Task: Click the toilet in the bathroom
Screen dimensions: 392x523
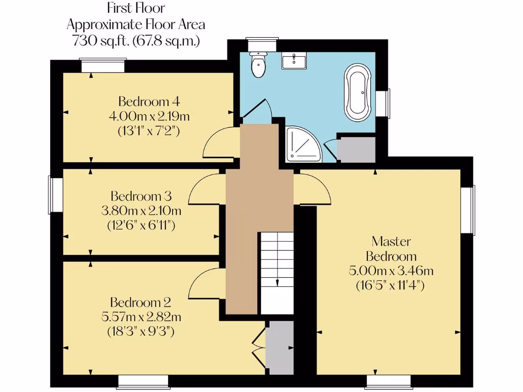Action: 258,65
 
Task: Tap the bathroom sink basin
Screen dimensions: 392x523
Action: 294,61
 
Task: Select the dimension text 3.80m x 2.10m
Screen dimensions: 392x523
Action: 141,210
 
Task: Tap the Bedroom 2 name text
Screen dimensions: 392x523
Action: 140,302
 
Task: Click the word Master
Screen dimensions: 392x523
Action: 391,241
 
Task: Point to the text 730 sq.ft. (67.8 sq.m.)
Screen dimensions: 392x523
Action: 136,41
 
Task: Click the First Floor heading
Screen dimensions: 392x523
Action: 136,8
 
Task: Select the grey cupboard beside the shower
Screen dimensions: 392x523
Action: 356,150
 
